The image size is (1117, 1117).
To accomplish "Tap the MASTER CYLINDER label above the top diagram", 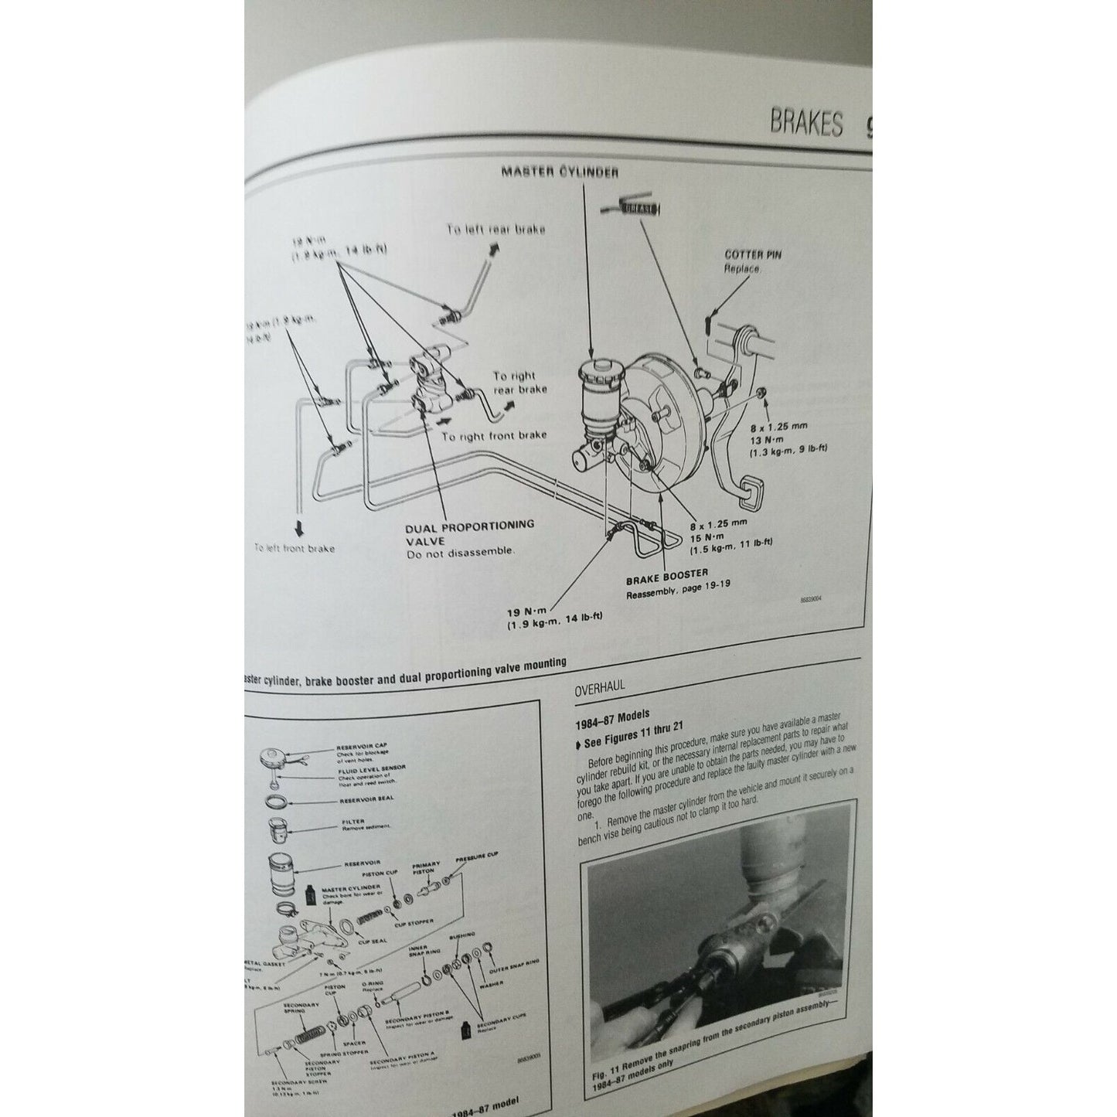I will [560, 172].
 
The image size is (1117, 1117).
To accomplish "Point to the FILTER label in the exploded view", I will [352, 822].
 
